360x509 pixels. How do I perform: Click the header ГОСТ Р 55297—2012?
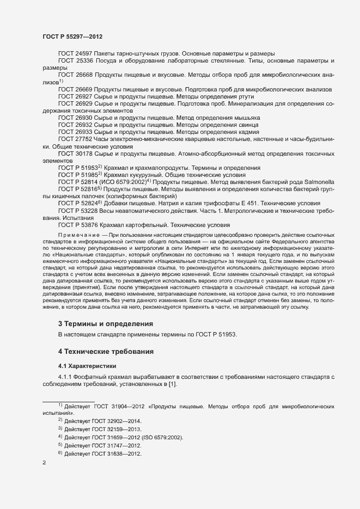72,36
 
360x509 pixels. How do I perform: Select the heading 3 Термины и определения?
106,323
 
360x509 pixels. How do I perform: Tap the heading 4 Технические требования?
109,351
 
